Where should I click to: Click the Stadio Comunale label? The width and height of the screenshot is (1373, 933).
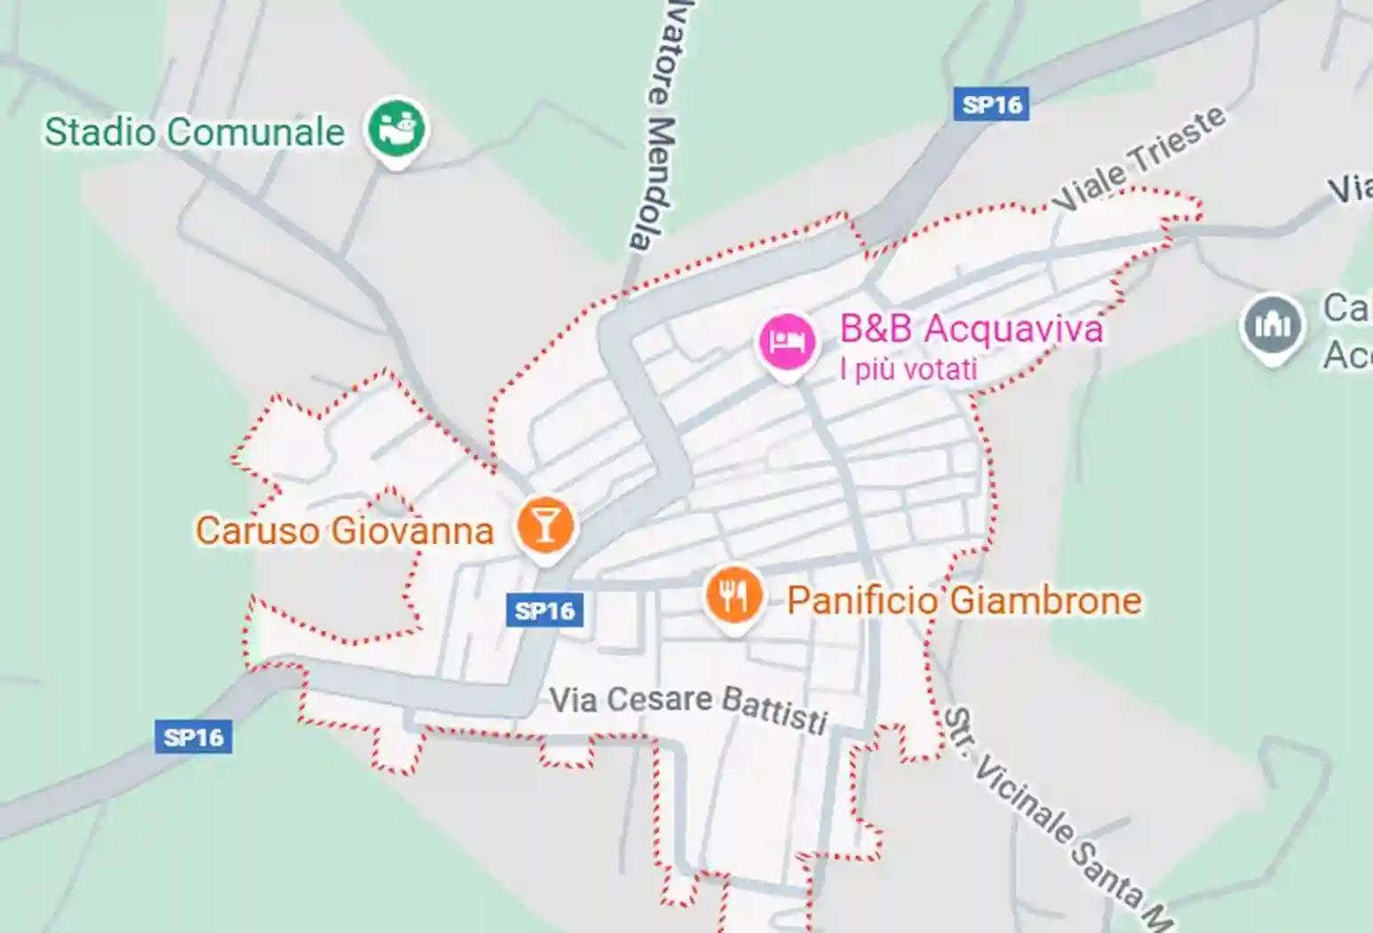194,132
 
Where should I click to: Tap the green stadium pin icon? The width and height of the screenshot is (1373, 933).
397,129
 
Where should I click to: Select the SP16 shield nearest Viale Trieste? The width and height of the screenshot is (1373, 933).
991,105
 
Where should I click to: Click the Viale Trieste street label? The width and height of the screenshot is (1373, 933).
1139,160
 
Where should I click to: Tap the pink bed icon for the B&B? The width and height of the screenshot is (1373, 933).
786,342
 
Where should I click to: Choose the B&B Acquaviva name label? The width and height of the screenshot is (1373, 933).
971,329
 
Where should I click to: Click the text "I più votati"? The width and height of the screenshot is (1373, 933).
909,369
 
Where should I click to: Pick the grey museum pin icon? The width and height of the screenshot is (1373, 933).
1272,325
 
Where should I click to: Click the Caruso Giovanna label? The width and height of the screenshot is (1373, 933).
344,530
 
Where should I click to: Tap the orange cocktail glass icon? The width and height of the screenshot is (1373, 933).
545,525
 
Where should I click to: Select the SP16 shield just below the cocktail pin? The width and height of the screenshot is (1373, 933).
545,611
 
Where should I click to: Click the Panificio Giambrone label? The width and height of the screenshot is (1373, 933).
964,601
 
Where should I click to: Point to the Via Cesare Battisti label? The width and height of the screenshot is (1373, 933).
688,706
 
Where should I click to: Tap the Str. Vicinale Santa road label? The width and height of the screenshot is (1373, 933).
1057,817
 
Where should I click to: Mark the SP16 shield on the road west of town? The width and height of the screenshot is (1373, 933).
194,738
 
